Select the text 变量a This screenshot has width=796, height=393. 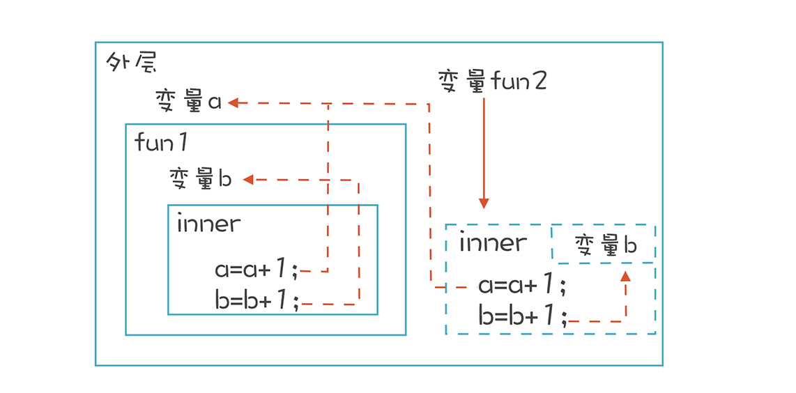(x=188, y=102)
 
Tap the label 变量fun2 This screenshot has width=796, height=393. (x=492, y=82)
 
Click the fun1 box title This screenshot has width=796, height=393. (x=161, y=143)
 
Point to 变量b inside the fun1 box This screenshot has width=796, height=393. (x=201, y=179)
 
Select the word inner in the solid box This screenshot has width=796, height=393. (x=208, y=224)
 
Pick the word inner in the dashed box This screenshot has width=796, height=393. (x=493, y=242)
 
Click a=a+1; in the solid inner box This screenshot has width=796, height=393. (x=257, y=269)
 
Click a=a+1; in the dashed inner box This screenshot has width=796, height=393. (x=521, y=285)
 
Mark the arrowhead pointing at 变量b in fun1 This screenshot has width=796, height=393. (x=247, y=180)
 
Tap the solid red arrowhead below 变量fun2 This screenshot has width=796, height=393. (x=484, y=203)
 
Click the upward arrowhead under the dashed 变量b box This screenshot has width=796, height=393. (x=625, y=276)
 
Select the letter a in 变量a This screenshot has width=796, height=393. (x=214, y=102)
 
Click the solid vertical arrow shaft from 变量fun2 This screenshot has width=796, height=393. (x=484, y=146)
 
